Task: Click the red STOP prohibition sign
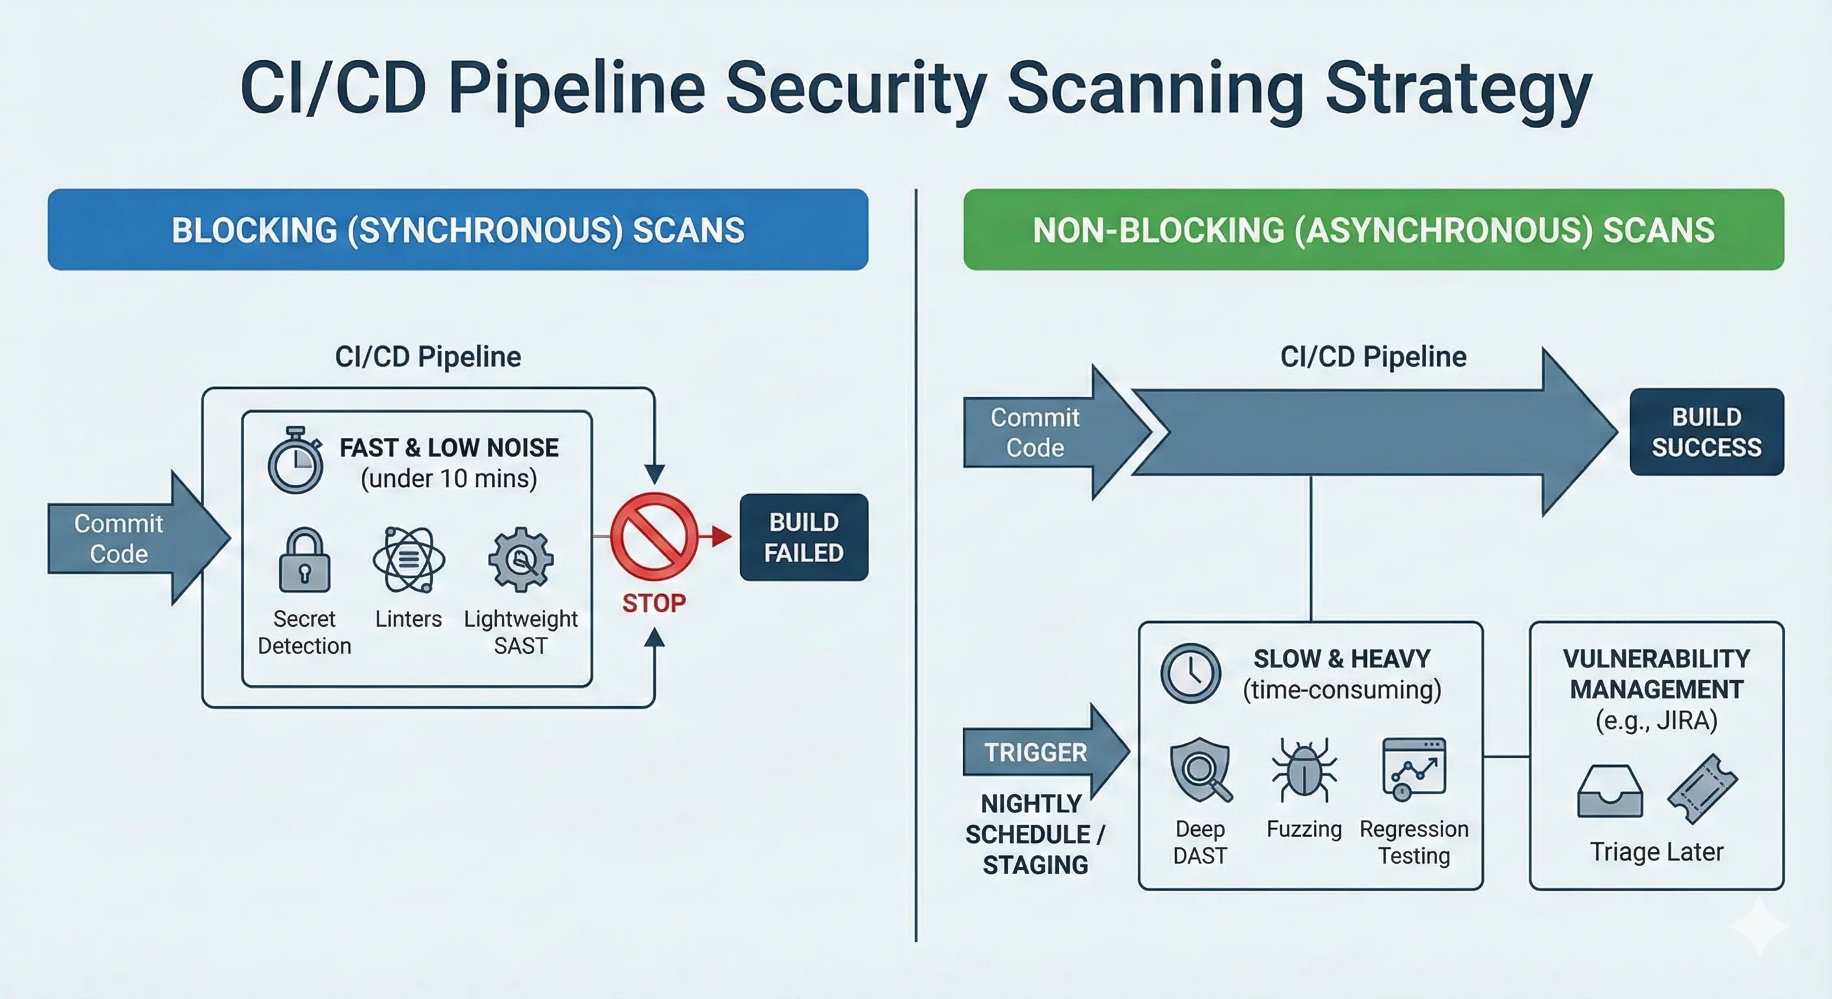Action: coord(654,536)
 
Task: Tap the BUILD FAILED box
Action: coord(803,537)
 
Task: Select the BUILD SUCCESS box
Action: coord(1706,432)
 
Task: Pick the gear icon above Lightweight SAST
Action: coord(520,560)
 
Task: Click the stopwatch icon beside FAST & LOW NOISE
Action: coord(295,462)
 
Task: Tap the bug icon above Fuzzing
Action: coord(1304,771)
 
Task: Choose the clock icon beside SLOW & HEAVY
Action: coord(1191,673)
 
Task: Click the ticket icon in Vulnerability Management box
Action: coord(1702,788)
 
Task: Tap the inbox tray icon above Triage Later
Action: coord(1610,792)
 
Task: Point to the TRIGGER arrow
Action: coord(1038,753)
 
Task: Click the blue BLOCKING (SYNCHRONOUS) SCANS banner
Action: coord(457,230)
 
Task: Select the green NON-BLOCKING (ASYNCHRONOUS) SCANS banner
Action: coord(1373,230)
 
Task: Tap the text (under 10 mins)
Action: coord(449,479)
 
